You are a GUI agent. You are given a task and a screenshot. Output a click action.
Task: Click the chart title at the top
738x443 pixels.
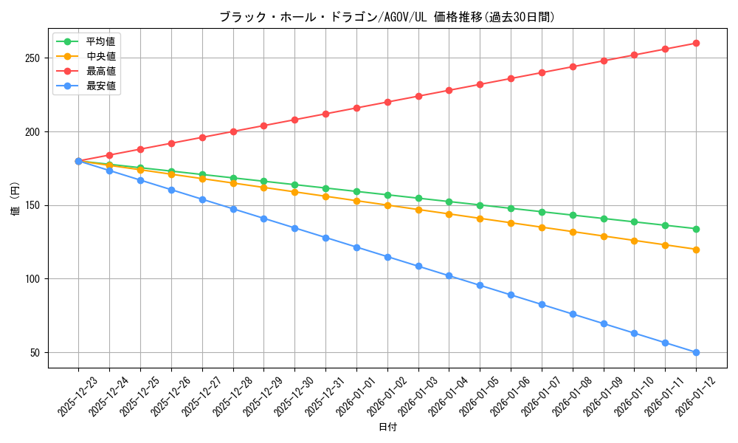387,17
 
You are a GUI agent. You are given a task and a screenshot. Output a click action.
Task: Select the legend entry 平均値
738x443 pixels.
100,41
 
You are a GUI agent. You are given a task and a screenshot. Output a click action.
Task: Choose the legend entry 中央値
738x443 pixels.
100,56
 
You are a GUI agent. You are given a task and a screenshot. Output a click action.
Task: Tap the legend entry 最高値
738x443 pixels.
100,71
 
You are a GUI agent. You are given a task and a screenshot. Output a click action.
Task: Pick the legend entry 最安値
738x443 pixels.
100,86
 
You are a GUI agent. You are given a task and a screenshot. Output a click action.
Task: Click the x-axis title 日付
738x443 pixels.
387,427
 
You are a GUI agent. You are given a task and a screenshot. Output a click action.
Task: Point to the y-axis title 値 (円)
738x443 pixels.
15,199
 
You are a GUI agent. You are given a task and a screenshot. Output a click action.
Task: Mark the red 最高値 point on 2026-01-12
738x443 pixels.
696,43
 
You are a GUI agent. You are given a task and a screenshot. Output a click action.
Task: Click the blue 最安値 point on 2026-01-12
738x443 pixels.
696,352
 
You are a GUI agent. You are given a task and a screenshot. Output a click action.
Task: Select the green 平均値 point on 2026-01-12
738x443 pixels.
696,229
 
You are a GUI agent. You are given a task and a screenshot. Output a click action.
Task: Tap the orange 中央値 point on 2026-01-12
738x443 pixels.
696,250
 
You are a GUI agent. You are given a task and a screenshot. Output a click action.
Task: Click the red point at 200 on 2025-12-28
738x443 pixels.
233,131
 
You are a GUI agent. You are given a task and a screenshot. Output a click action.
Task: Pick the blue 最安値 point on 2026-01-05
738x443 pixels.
480,285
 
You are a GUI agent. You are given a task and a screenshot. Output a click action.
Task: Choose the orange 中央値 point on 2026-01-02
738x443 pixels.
387,205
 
